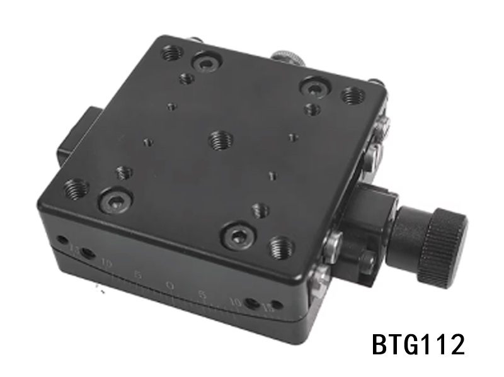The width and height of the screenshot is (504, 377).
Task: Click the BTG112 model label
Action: [418, 344]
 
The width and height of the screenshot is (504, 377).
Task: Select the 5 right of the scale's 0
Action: [202, 294]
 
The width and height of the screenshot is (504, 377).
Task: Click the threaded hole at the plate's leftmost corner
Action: [77, 187]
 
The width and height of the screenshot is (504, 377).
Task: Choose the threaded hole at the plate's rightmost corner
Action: [353, 96]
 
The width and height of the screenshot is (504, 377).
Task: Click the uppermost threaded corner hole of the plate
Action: [172, 53]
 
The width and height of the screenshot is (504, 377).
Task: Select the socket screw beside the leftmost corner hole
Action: [116, 201]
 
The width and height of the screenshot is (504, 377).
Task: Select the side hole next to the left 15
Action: [62, 240]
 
